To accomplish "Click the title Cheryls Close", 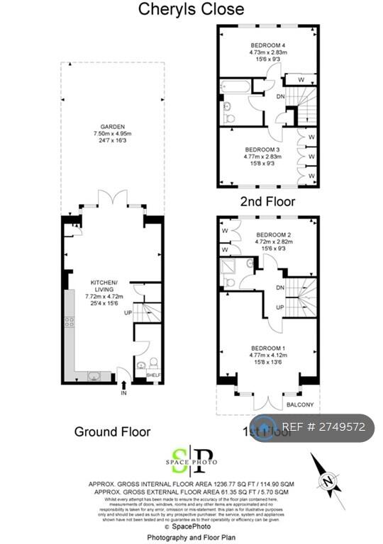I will pos(191,9).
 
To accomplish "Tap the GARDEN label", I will pos(112,127).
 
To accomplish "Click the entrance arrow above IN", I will pos(125,384).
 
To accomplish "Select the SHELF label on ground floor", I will pos(154,375).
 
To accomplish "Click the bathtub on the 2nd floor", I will pos(235,89).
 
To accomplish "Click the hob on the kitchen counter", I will pos(70,322).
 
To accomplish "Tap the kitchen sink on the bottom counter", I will pos(94,375).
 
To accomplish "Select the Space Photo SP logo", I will pos(191,461).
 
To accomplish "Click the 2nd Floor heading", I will pos(268,201).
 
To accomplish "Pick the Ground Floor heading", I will pos(113,431).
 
